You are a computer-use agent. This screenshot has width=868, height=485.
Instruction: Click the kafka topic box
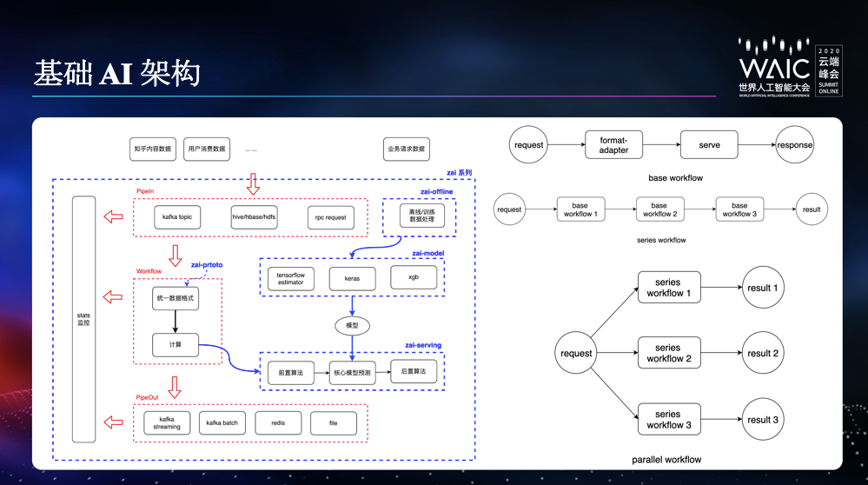click(x=177, y=217)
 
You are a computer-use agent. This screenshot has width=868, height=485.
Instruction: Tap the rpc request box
click(x=331, y=217)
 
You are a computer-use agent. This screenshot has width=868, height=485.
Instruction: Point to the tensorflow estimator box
click(x=290, y=278)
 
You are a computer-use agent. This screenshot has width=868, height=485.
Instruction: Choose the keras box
click(x=352, y=278)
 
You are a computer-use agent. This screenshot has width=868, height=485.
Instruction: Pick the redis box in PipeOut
click(x=278, y=422)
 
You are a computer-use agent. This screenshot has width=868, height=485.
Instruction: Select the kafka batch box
click(x=222, y=422)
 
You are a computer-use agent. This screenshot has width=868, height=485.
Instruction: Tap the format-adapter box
click(x=613, y=144)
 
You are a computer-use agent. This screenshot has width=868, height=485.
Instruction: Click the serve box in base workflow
click(x=709, y=144)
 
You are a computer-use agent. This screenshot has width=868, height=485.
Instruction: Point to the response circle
click(x=795, y=145)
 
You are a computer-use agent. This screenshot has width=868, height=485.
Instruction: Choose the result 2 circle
click(x=764, y=354)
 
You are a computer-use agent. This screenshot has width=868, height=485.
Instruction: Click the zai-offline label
click(x=435, y=191)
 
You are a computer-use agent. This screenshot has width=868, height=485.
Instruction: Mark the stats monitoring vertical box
click(x=83, y=318)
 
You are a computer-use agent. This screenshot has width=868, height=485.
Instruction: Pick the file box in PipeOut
click(x=334, y=422)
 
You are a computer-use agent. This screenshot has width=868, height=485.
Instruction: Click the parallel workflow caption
click(x=666, y=459)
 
